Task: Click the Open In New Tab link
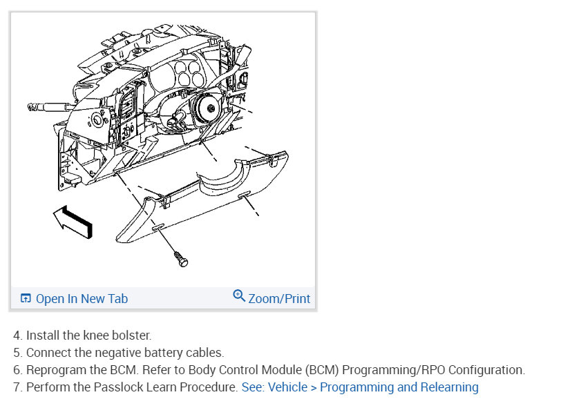82,299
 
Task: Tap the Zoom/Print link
278,299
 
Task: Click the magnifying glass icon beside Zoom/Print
239,296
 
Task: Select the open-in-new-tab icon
26,299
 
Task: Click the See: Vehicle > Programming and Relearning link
360,387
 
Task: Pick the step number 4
17,336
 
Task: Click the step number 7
17,387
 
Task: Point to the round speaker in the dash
207,109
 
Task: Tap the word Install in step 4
41,336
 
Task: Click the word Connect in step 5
49,353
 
